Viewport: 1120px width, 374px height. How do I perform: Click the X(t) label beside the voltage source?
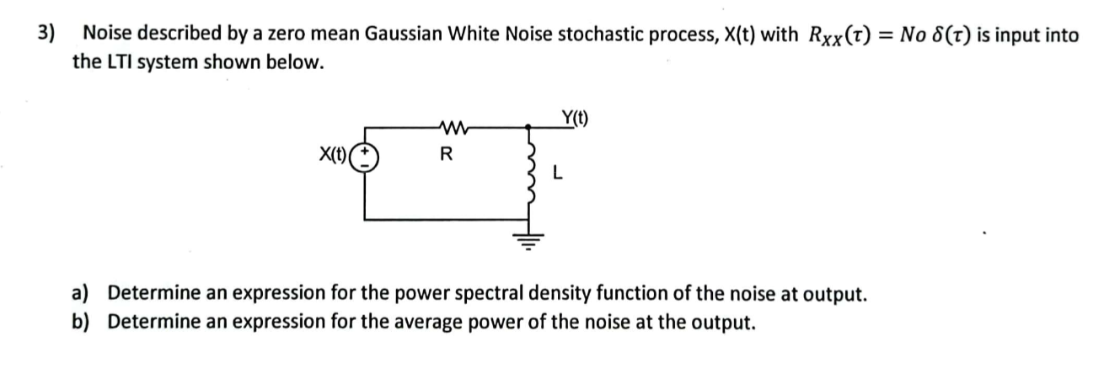pos(334,155)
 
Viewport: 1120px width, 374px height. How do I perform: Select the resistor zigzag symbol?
pos(447,129)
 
